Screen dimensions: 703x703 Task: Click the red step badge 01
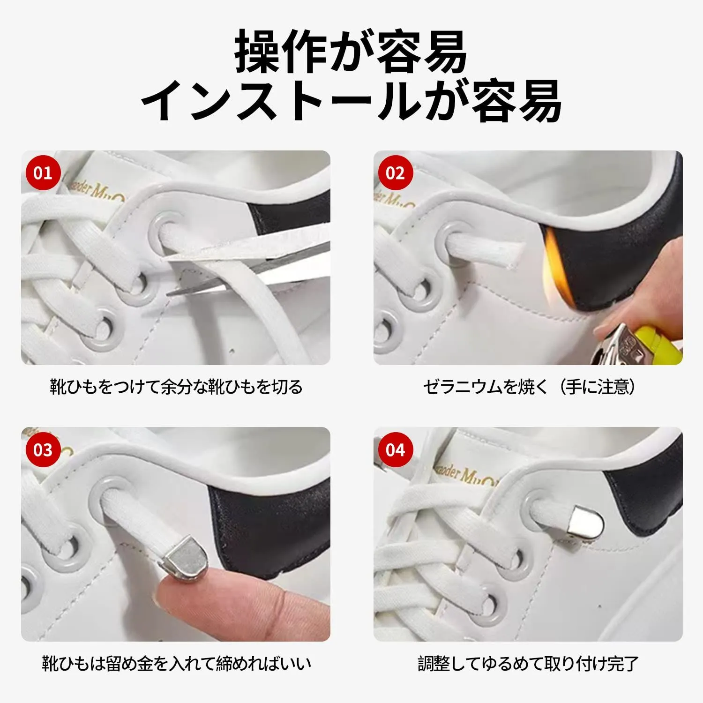coord(43,173)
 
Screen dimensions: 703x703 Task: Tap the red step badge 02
coord(395,173)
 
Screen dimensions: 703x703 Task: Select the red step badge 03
coord(43,450)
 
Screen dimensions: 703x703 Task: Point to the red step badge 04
coord(395,450)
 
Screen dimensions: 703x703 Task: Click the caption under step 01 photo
coord(176,387)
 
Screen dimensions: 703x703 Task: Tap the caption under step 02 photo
coord(529,387)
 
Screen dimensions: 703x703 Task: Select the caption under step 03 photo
coord(176,664)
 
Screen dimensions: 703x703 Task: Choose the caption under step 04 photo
coord(528,664)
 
